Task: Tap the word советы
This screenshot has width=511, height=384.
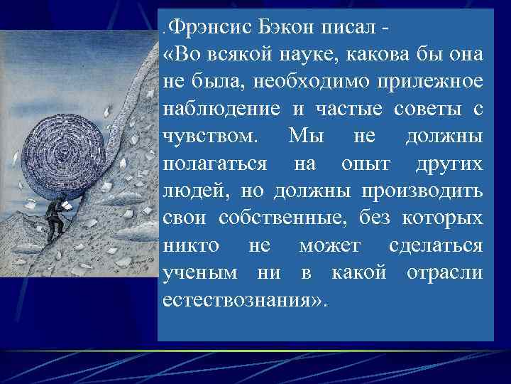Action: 419,110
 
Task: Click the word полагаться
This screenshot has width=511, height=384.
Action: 215,164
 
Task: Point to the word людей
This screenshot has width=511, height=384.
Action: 193,191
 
